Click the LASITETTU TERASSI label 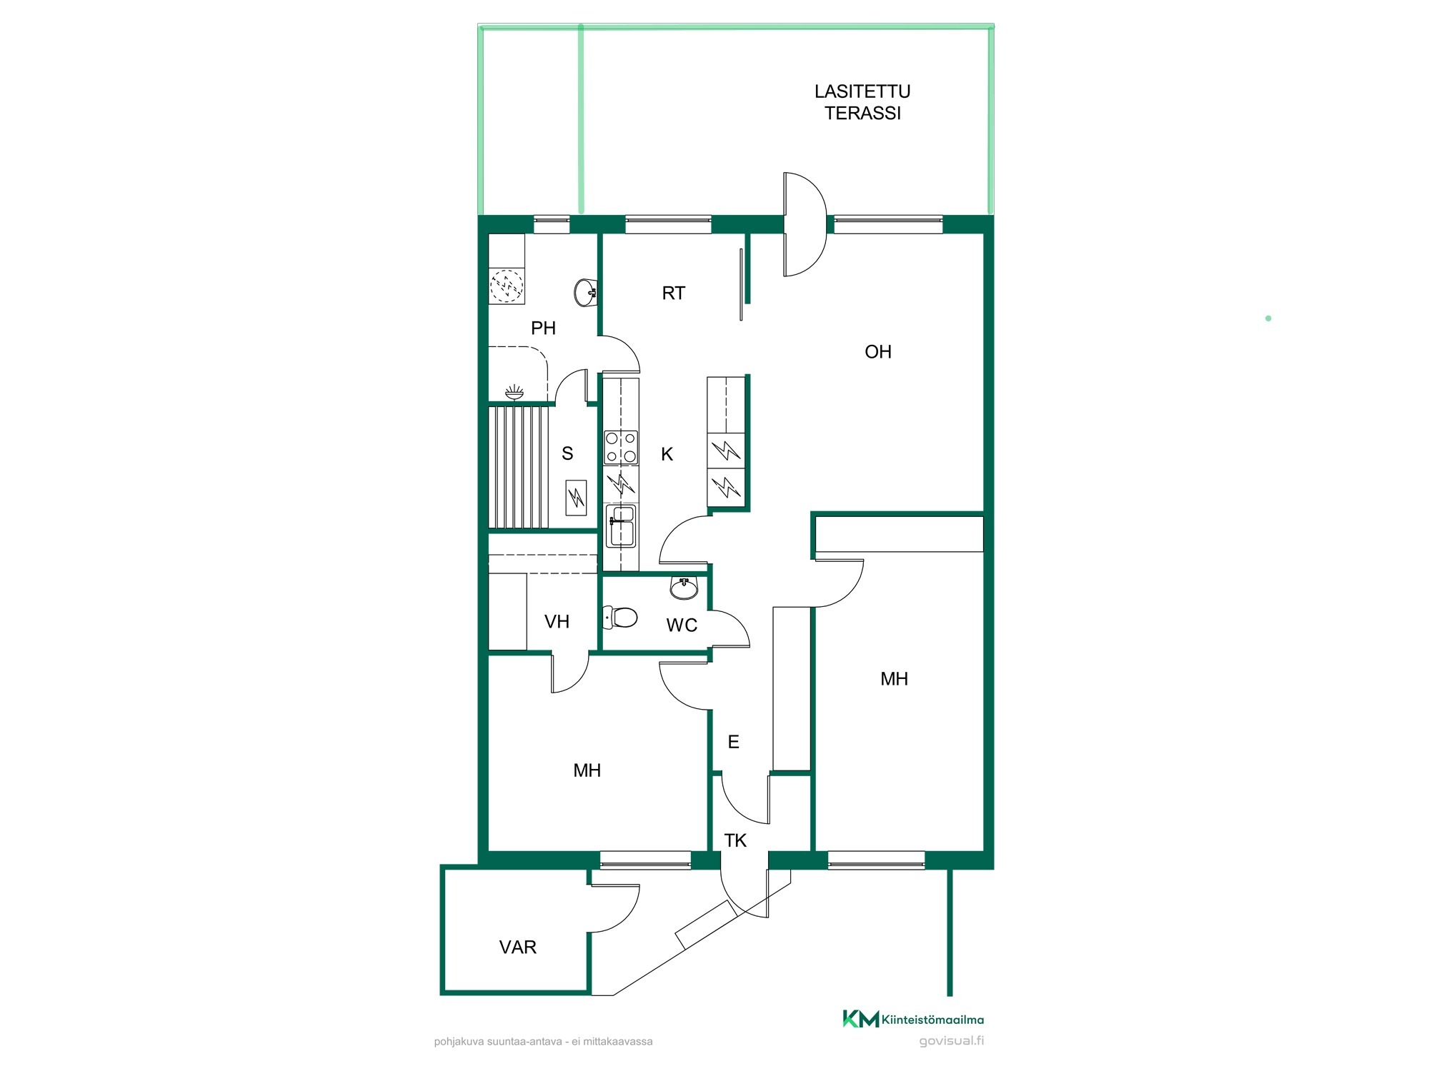click(x=862, y=102)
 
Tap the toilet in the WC click(x=620, y=617)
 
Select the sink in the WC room click(x=684, y=588)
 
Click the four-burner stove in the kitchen click(x=621, y=448)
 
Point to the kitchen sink click(x=621, y=526)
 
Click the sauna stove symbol click(x=576, y=498)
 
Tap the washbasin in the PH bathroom click(x=586, y=292)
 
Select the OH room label click(x=878, y=351)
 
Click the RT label click(x=673, y=293)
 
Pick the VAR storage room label click(x=518, y=947)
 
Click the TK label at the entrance click(x=735, y=840)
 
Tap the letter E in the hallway click(x=733, y=742)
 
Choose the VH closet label click(x=557, y=621)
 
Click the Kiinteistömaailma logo click(x=913, y=1019)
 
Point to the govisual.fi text click(x=952, y=1040)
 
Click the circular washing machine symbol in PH click(x=507, y=286)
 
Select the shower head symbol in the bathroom click(x=514, y=391)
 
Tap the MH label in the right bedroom click(x=894, y=678)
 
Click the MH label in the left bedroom click(x=587, y=770)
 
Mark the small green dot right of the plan click(x=1268, y=318)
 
